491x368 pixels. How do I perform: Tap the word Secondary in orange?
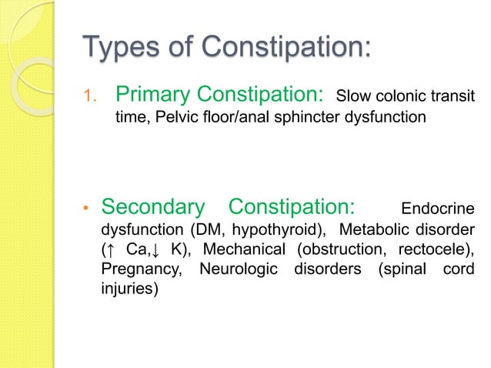tap(153, 206)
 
